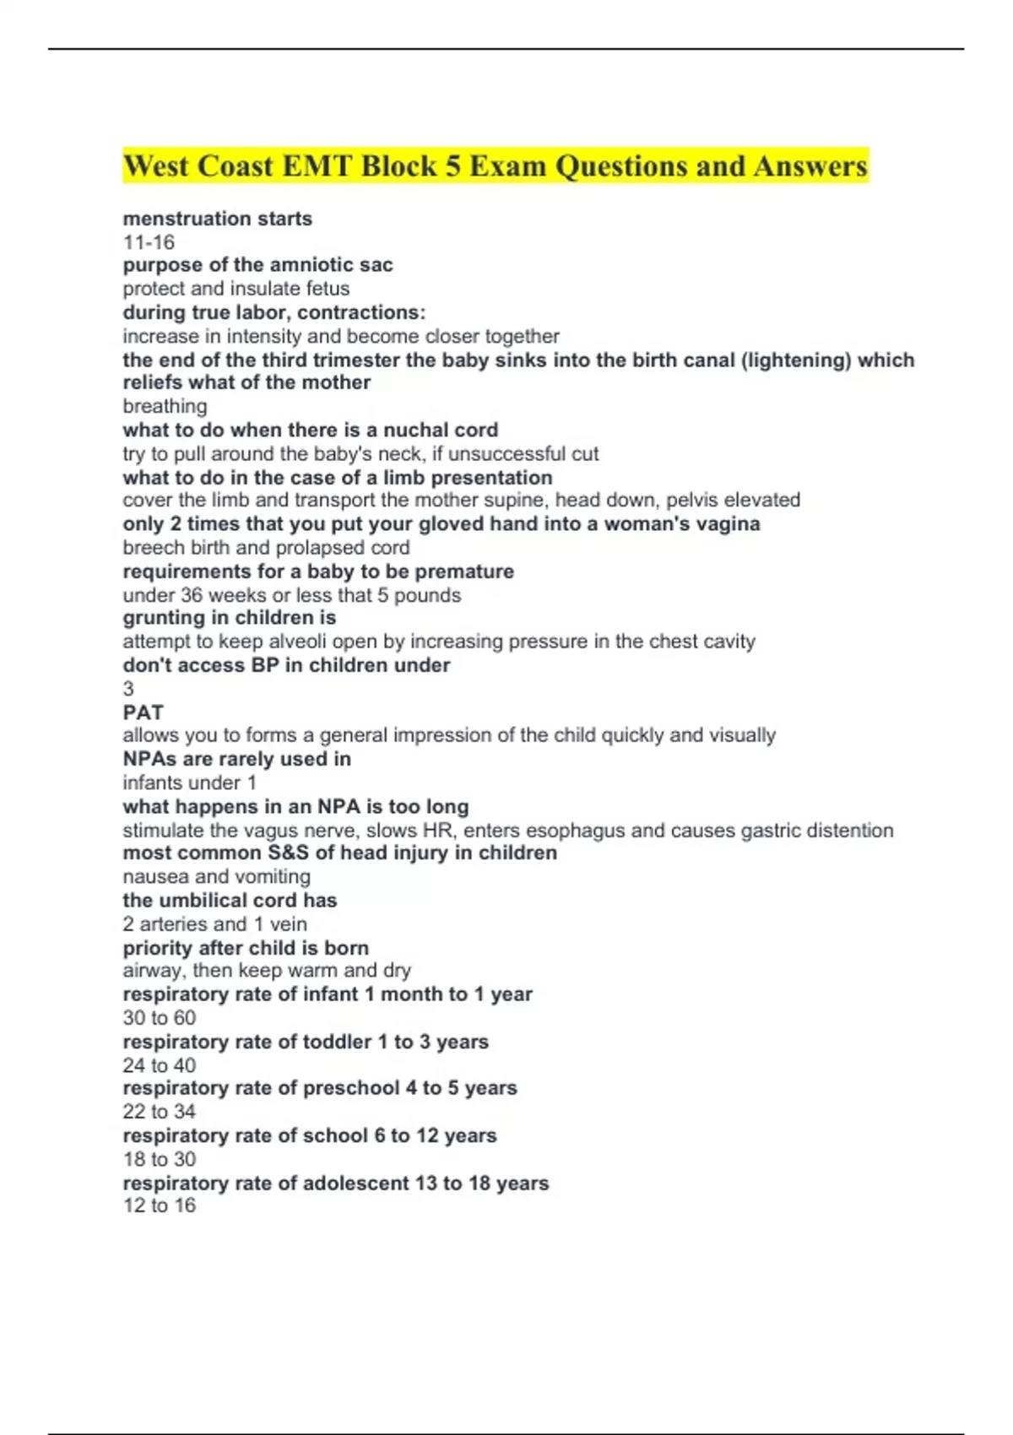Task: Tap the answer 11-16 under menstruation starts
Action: coord(149,242)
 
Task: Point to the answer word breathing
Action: coord(165,406)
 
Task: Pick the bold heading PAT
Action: coord(143,712)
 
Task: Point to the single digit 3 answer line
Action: coord(128,689)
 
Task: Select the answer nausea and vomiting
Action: coord(216,877)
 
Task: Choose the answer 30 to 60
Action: coord(159,1018)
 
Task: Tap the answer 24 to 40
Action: coord(159,1065)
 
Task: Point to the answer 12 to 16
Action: coord(159,1205)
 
